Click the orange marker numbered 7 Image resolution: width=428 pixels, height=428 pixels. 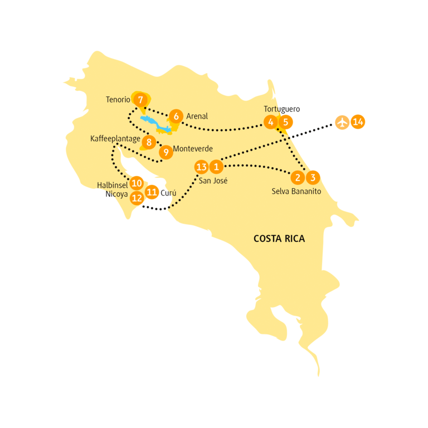point(140,100)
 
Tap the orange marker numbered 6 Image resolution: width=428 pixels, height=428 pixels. point(176,116)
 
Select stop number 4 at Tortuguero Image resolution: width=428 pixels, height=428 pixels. point(270,122)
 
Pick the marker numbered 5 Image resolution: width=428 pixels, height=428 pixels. point(285,122)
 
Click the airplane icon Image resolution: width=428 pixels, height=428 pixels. point(342,121)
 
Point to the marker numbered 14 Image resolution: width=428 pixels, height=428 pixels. point(358,121)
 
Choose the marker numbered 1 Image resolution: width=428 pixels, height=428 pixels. point(217,167)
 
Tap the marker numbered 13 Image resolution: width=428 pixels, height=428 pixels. point(202,167)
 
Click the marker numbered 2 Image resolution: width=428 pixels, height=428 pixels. point(298,178)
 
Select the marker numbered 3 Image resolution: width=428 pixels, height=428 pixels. point(313,178)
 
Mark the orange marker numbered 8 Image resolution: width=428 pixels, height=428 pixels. point(148,142)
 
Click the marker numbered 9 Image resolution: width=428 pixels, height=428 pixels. point(164,152)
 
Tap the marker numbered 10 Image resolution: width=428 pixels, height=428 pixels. point(136,182)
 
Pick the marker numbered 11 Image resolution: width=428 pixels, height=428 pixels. point(151,193)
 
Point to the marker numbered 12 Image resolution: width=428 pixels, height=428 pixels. point(137,197)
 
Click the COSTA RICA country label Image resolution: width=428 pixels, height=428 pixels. point(279,239)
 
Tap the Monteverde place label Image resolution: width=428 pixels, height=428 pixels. point(193,149)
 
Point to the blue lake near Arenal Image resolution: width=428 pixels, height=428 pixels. point(155,124)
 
